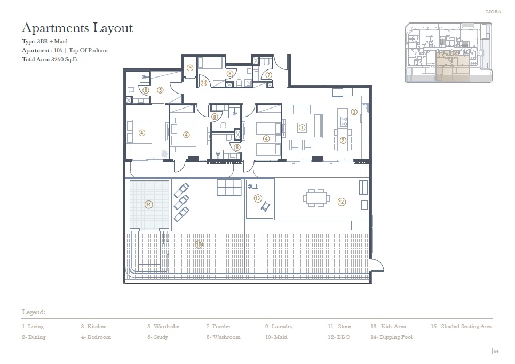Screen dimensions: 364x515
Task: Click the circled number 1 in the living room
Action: (x=302, y=127)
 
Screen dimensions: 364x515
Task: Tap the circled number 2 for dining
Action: (x=343, y=141)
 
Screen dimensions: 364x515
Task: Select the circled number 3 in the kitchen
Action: (x=354, y=112)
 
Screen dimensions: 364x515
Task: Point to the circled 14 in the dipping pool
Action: (x=148, y=204)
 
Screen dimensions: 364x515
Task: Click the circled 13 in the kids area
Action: (x=258, y=198)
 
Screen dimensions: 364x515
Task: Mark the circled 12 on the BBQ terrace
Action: (x=342, y=202)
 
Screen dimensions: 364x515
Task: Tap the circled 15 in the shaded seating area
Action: (x=199, y=244)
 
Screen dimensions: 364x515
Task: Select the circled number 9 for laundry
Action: (x=190, y=68)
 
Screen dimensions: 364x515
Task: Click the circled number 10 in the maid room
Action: (x=204, y=82)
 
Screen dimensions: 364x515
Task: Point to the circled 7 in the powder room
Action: (x=269, y=75)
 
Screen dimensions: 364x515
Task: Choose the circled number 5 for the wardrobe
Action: (x=160, y=90)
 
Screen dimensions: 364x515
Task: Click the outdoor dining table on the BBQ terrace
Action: (x=313, y=198)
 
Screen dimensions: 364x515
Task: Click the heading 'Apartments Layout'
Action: (x=77, y=28)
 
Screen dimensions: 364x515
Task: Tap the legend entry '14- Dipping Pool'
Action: (x=391, y=337)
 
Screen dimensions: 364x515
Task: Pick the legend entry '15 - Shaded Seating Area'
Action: (x=461, y=326)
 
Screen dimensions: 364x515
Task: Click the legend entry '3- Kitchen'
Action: (x=94, y=326)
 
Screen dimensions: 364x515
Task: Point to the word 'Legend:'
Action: (x=33, y=312)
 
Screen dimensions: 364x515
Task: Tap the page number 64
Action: (x=496, y=351)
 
